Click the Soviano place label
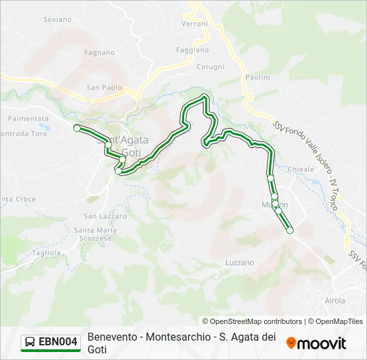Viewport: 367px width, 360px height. click(x=57, y=19)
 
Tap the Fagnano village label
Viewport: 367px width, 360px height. click(x=100, y=52)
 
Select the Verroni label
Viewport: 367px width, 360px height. click(x=195, y=23)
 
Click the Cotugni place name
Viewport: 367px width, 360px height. click(x=210, y=67)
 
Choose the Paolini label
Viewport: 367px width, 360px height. click(x=258, y=77)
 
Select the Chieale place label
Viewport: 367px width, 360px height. click(x=301, y=170)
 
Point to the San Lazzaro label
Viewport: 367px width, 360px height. click(x=105, y=216)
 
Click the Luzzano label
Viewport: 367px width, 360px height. click(x=240, y=263)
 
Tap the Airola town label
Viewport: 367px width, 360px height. click(x=334, y=301)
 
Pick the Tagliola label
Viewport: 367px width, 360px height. click(x=46, y=253)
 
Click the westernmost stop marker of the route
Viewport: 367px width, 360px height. click(x=77, y=127)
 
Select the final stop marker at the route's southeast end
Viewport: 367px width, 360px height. click(x=290, y=231)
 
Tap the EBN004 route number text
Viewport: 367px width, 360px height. click(x=59, y=342)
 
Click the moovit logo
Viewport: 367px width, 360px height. click(x=316, y=343)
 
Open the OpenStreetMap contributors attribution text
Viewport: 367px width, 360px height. click(x=252, y=321)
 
